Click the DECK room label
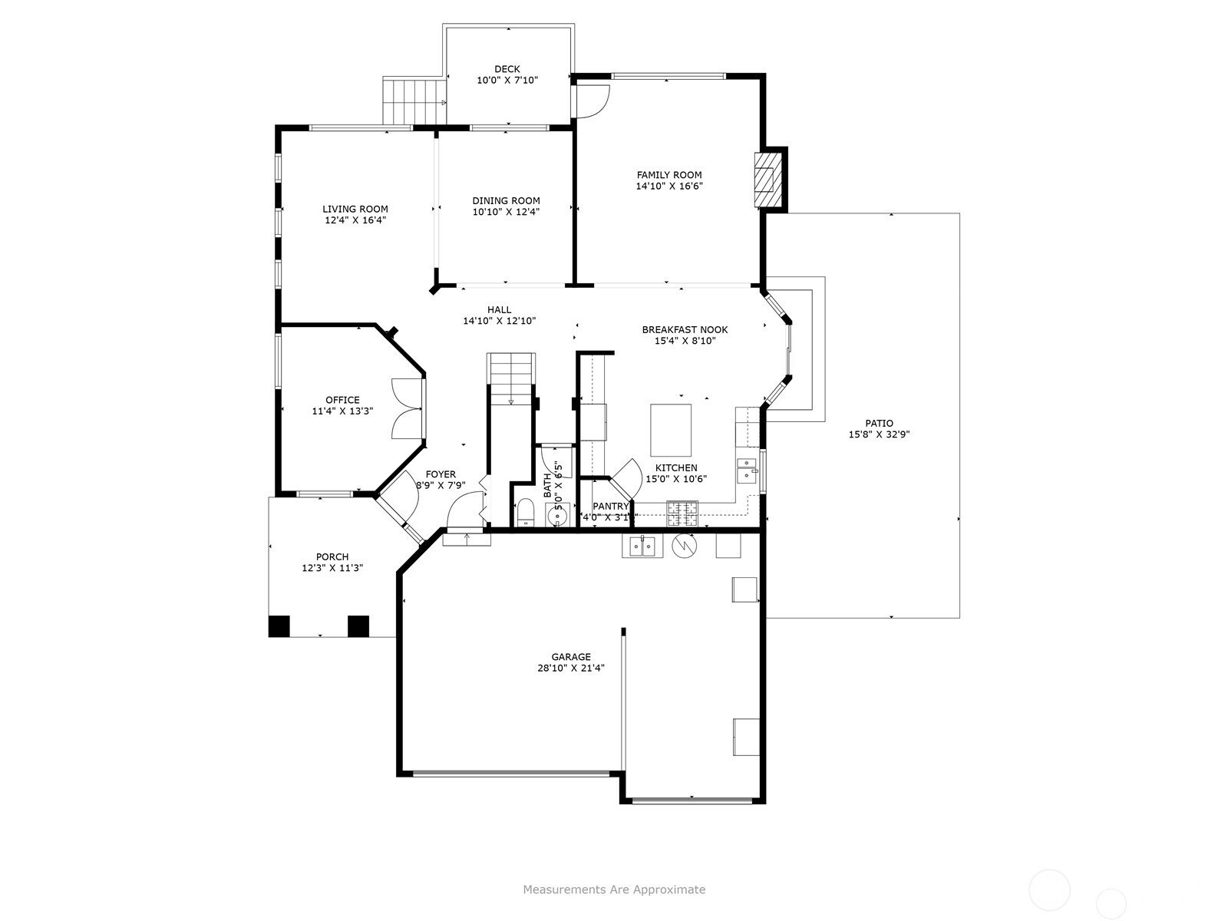pos(507,69)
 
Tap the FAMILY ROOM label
pos(669,175)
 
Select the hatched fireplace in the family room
pos(764,180)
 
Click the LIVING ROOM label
pos(355,209)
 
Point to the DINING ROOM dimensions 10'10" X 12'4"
pos(507,212)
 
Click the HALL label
pos(499,310)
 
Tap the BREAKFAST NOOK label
pos(685,330)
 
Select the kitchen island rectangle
pos(670,431)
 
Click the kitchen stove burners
pos(682,513)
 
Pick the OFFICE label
pos(342,401)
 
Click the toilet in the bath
pos(525,513)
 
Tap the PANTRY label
pos(611,507)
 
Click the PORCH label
pos(332,557)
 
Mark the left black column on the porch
pos(279,626)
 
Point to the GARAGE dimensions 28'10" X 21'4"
pos(571,668)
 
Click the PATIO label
pos(880,424)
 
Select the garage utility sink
pos(642,546)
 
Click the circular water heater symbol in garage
pos(684,546)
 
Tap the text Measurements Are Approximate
pos(614,889)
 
